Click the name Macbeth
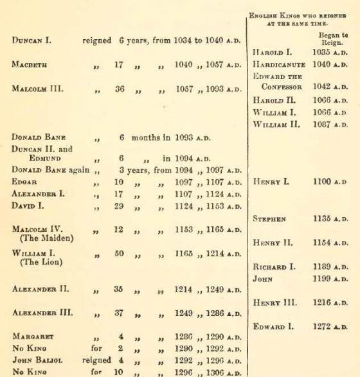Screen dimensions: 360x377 [x=30, y=65]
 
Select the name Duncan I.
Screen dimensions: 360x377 [x=32, y=41]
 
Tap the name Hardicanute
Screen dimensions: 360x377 [x=281, y=64]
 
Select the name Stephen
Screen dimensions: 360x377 [x=269, y=218]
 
